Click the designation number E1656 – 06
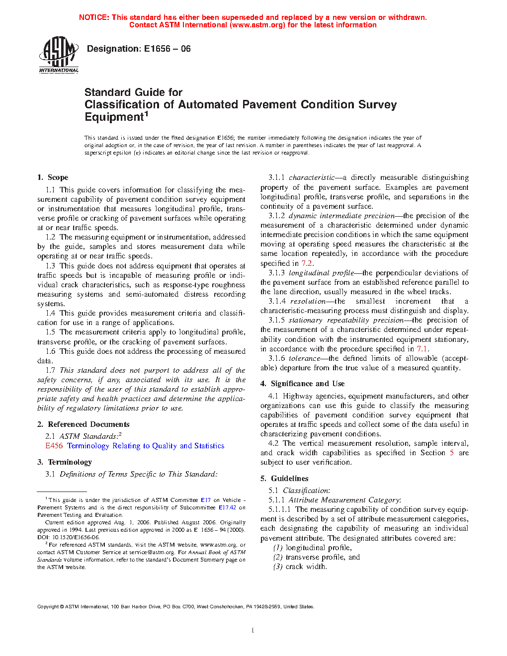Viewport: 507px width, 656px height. (x=167, y=49)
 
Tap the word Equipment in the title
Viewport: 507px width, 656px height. (x=114, y=117)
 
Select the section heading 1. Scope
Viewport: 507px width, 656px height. (x=53, y=177)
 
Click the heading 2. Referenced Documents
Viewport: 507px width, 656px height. (x=83, y=424)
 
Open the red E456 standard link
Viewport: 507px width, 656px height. (x=54, y=446)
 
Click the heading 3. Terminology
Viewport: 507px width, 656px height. (x=65, y=462)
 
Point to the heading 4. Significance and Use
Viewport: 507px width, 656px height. (x=302, y=384)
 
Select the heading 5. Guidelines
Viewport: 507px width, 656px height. (x=284, y=479)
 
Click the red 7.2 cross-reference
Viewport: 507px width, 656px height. (x=307, y=263)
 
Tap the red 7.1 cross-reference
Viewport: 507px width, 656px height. (x=422, y=349)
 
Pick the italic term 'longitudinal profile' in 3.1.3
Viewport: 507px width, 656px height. (x=321, y=273)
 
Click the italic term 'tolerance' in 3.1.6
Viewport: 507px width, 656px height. (x=305, y=358)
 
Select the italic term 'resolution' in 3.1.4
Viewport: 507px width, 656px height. (x=308, y=301)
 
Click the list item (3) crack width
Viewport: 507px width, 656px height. (x=300, y=567)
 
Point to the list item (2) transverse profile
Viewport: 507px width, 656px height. (x=316, y=557)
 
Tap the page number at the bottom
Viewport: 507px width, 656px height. (x=253, y=631)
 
